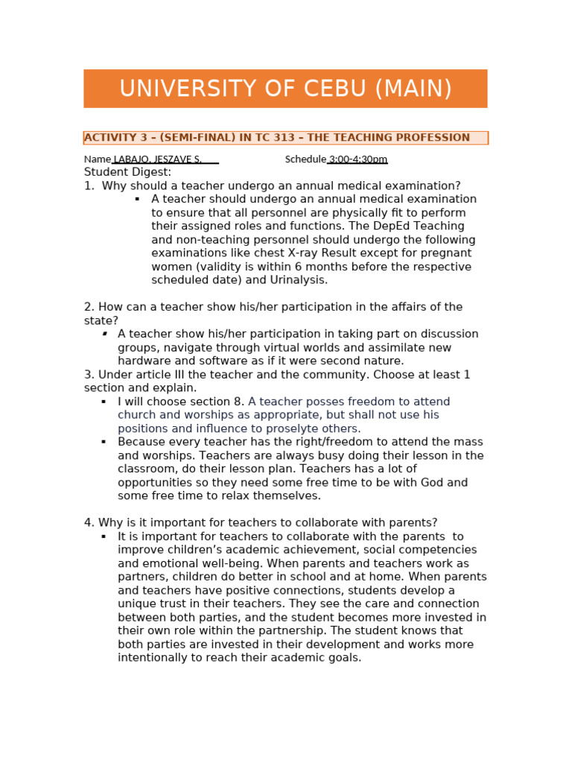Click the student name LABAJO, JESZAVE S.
157,159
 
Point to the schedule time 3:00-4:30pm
358,159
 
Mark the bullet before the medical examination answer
137,200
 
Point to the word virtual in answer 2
324,348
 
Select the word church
138,415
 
